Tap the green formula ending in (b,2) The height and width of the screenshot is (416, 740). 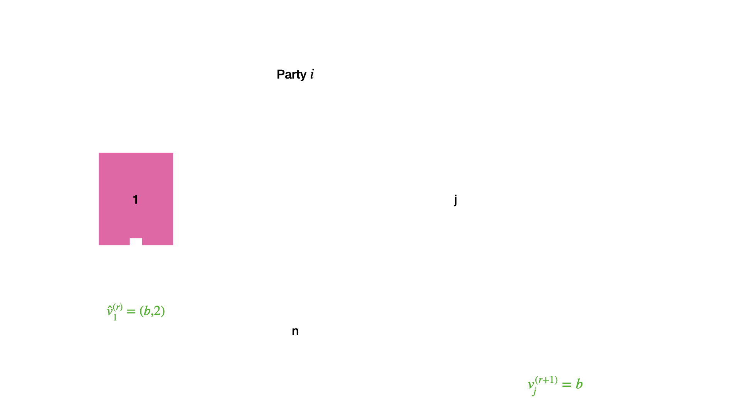coord(136,311)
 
